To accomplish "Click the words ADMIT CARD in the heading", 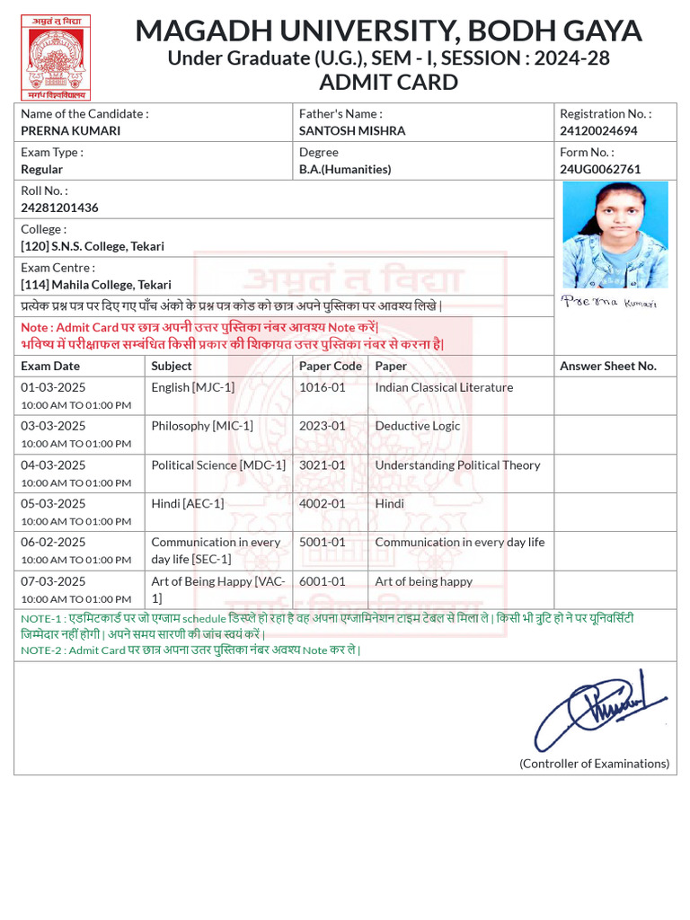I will click(x=388, y=83).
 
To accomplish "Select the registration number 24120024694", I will click(x=598, y=130).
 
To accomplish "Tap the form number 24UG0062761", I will click(x=600, y=169).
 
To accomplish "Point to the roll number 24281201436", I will click(x=59, y=208).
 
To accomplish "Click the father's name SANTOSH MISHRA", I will click(x=352, y=130).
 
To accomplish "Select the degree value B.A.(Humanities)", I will click(x=345, y=169).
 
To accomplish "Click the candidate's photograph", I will click(x=615, y=234).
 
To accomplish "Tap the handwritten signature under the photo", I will click(x=608, y=302).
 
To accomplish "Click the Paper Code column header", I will click(x=331, y=366).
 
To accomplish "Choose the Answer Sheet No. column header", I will click(x=608, y=366).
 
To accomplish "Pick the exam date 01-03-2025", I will click(x=53, y=387).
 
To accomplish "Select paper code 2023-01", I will click(x=322, y=426).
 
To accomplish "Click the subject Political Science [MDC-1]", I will click(x=218, y=464).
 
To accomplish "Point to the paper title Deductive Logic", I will click(x=417, y=426).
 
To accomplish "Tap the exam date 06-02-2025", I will click(x=53, y=542).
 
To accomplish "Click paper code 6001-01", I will click(x=322, y=581).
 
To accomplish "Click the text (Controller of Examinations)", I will click(x=594, y=764).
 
